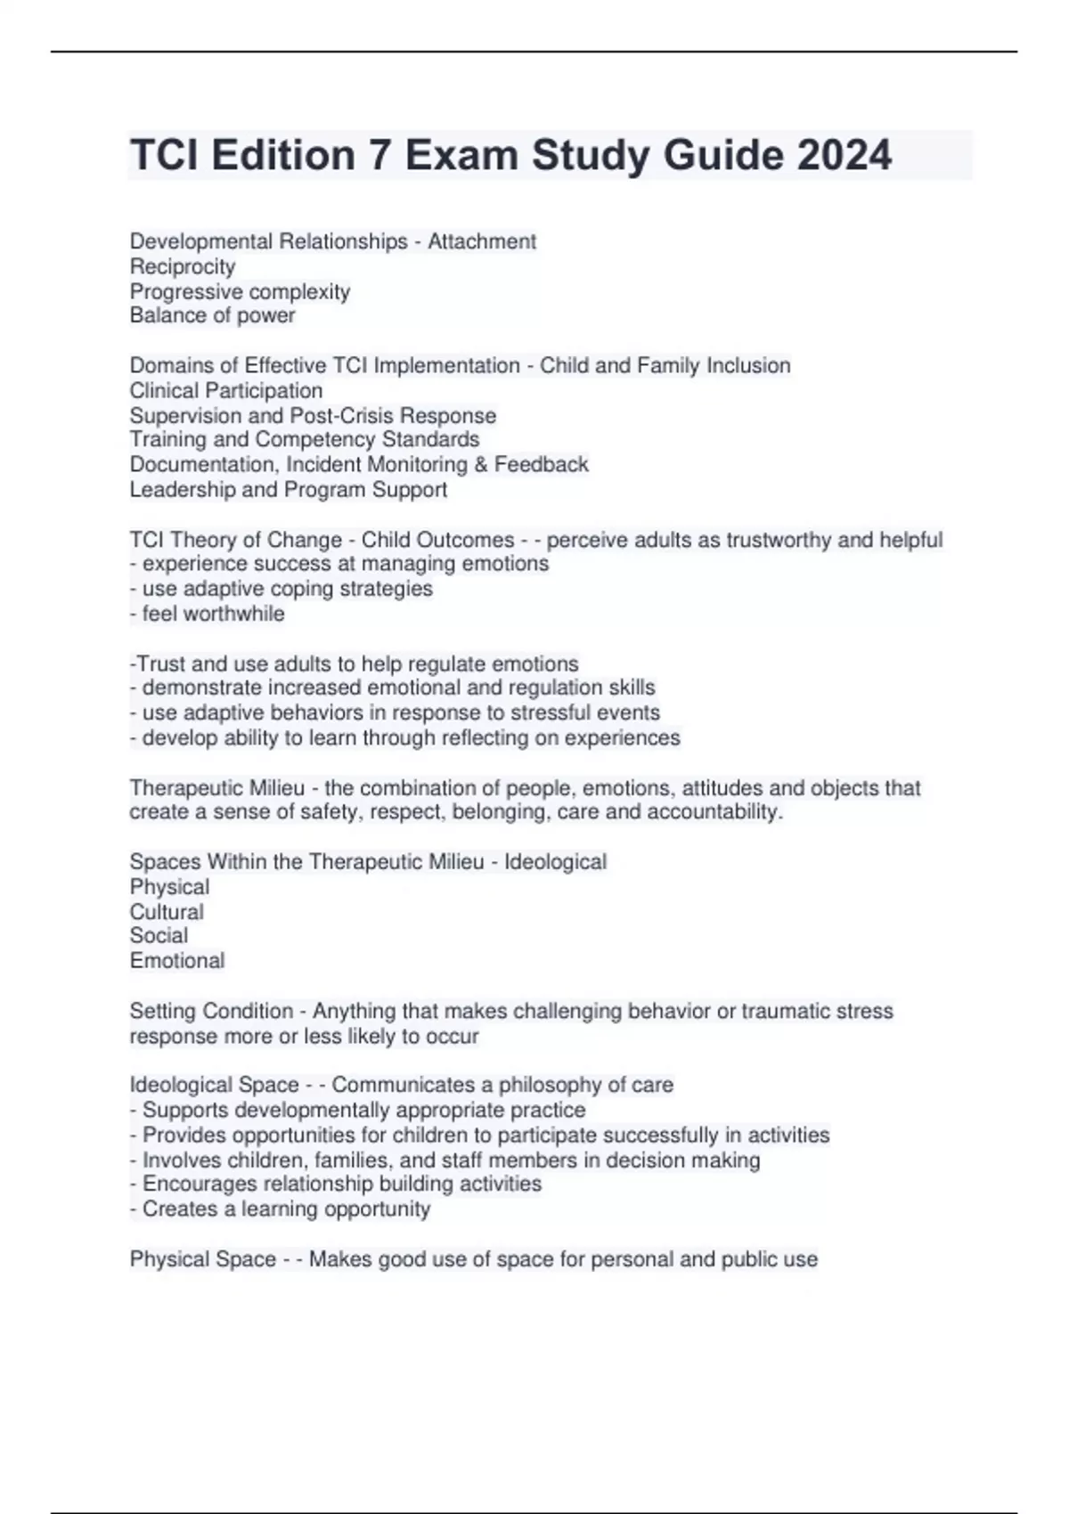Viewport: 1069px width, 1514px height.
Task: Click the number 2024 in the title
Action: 844,155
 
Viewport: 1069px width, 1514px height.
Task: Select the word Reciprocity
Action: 183,266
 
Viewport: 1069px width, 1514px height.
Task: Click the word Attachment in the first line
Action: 482,241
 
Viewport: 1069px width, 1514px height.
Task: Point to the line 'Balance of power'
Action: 212,315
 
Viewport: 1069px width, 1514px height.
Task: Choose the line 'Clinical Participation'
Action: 226,390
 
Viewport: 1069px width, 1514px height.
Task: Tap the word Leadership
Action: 174,489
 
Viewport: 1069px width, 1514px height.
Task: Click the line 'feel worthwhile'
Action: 213,614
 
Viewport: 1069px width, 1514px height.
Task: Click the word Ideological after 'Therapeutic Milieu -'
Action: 555,862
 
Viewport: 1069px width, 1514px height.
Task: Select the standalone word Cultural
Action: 167,912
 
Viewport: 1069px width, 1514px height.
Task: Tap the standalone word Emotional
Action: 177,960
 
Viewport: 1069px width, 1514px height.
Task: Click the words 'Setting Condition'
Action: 211,1011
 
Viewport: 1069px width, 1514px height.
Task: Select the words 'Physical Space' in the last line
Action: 203,1259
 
